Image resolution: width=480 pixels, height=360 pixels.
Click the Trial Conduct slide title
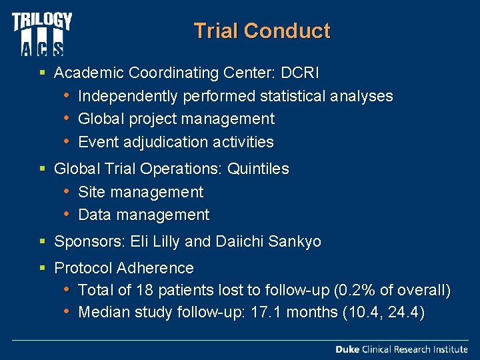coord(261,31)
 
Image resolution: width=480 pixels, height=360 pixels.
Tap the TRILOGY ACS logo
coord(41,33)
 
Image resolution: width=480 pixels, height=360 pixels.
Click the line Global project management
coord(176,119)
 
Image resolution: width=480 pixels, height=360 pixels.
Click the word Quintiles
coord(258,169)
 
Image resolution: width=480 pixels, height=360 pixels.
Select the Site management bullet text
coord(141,192)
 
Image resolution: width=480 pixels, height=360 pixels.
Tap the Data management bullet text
coord(143,215)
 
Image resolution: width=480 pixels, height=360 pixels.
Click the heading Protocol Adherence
coord(124,268)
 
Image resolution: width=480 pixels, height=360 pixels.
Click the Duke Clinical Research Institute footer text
coord(401,349)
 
